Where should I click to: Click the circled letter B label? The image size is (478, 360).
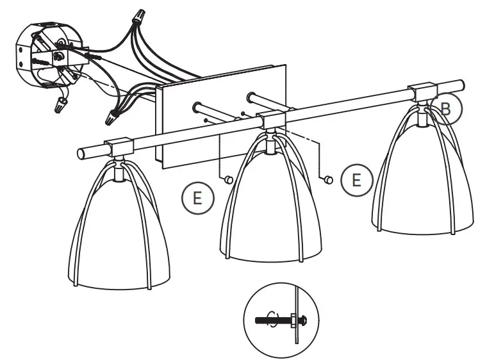click(x=446, y=109)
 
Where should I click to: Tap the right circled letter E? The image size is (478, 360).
click(x=356, y=180)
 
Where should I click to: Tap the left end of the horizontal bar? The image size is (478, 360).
click(x=83, y=153)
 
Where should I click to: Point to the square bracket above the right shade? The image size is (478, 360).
click(x=423, y=92)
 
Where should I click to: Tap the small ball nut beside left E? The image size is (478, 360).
click(x=227, y=181)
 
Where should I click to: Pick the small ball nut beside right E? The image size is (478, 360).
click(x=328, y=180)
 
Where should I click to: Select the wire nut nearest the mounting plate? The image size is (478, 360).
click(x=112, y=119)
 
